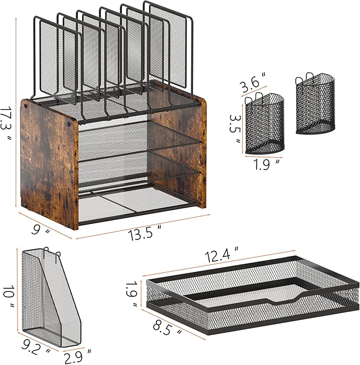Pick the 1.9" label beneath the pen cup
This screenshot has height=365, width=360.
tap(264, 164)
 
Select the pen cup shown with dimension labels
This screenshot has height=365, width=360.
tap(264, 124)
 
